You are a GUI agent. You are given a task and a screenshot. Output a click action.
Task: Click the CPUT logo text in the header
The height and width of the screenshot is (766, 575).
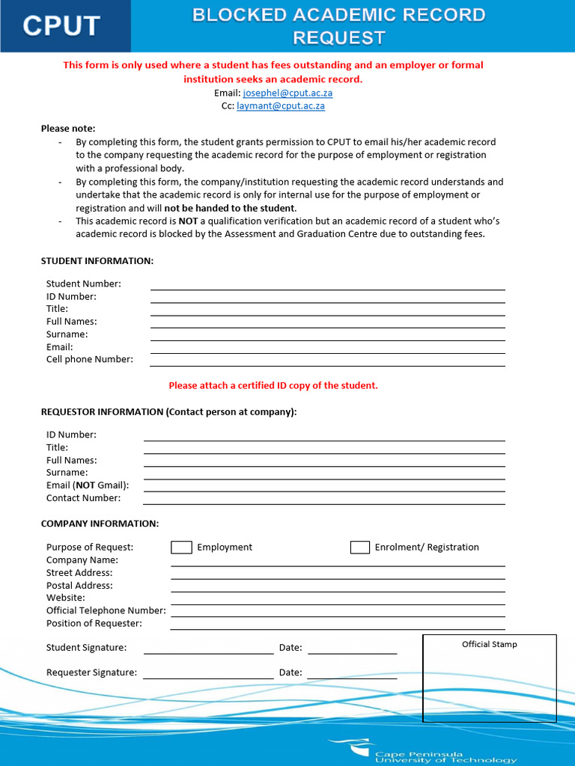61,26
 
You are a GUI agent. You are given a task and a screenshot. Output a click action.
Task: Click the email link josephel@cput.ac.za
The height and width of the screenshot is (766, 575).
287,93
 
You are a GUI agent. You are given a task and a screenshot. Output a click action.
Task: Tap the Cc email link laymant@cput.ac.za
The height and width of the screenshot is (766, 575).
281,106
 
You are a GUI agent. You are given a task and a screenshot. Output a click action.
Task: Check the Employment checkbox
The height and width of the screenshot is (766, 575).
181,548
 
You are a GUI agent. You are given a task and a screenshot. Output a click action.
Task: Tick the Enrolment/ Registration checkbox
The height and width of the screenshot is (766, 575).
360,548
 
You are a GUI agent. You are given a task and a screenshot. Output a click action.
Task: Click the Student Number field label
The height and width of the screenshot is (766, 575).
84,284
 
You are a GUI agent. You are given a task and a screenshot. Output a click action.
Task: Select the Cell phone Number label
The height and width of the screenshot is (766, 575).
90,359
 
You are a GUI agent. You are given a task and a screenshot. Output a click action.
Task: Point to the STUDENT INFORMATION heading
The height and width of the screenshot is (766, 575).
97,260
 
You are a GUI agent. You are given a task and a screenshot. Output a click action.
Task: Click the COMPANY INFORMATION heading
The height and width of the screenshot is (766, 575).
100,524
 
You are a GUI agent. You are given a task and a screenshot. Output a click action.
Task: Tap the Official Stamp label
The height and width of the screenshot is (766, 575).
489,644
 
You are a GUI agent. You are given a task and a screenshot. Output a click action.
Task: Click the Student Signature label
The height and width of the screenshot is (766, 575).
86,648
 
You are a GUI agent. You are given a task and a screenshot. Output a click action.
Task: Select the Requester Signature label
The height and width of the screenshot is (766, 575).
91,672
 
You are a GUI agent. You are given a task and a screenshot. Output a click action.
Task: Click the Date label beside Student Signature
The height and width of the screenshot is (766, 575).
290,648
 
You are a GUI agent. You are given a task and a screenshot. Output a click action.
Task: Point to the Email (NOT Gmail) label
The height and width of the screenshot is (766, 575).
88,485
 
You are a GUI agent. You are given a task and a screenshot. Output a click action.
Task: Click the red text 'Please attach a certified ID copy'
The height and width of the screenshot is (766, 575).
273,386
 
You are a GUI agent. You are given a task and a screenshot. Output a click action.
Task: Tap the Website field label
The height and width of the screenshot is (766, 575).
66,598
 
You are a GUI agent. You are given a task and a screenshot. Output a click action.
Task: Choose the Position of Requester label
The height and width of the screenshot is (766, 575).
94,623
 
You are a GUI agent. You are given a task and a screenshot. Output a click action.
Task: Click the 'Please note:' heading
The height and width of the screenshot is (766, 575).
68,129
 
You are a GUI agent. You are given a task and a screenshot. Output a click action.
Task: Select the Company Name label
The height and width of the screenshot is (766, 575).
82,560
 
